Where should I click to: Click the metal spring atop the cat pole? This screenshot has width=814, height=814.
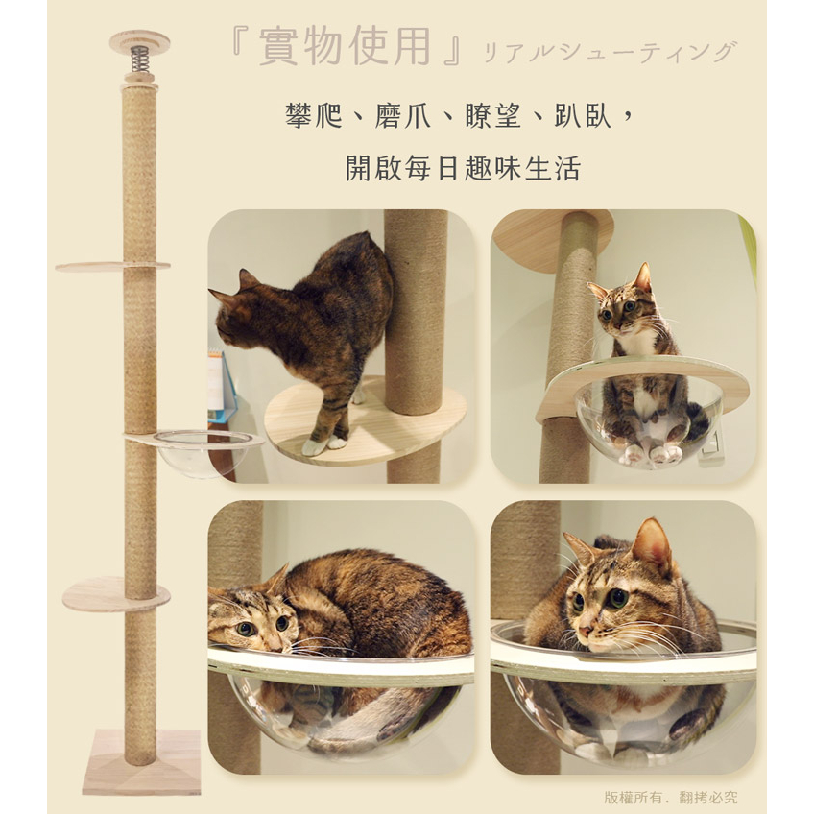click(138, 60)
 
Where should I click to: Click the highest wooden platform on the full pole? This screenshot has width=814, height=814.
click(112, 266)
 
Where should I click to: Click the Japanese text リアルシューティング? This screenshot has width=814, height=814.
click(610, 52)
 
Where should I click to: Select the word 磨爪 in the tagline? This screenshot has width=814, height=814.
click(403, 116)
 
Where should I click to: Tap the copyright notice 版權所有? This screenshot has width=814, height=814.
click(635, 798)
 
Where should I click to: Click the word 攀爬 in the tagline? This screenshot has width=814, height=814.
click(314, 116)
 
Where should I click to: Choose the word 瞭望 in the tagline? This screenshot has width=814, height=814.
click(492, 116)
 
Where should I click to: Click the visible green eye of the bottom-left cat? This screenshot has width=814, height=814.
click(245, 629)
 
